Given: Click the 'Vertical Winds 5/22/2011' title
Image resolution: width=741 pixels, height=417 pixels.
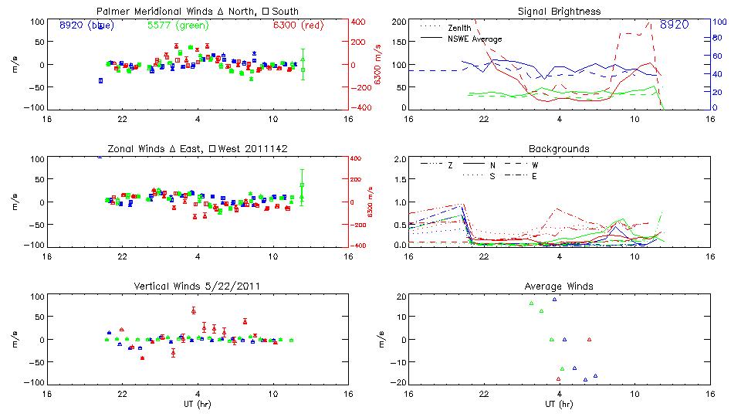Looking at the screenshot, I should (x=197, y=286).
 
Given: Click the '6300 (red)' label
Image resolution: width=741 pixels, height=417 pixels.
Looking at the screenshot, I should (x=299, y=25).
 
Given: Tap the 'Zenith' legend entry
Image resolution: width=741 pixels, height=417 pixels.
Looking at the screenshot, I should (x=459, y=28).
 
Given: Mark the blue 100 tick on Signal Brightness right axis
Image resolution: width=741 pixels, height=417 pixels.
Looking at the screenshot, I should (x=716, y=22).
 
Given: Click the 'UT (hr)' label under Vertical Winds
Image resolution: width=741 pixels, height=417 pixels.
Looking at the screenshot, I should (x=197, y=404).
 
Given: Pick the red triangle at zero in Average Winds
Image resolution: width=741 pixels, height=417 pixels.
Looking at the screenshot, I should (x=589, y=340).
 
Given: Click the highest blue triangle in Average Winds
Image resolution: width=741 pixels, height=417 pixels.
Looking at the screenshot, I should (x=554, y=299).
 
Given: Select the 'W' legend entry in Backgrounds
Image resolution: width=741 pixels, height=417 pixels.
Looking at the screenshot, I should (x=534, y=165).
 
